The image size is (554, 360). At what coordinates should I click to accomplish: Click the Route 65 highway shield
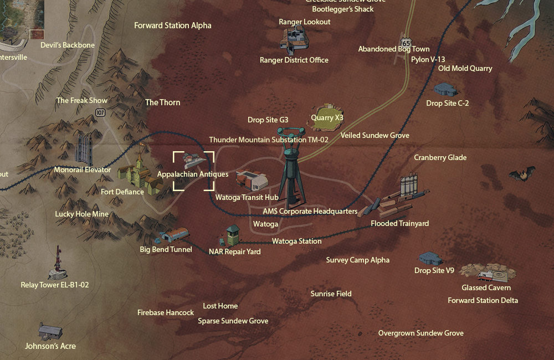click(407, 43)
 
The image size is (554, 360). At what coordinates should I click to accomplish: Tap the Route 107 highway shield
click(100, 112)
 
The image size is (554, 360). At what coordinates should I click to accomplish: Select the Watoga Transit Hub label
click(247, 197)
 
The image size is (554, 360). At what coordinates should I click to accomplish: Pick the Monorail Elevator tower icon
click(84, 148)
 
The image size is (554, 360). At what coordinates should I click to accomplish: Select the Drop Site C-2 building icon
click(445, 89)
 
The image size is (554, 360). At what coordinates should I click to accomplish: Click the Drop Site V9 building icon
click(430, 258)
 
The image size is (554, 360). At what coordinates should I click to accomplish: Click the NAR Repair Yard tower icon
click(232, 235)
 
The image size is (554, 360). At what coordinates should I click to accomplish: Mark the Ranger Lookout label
click(305, 22)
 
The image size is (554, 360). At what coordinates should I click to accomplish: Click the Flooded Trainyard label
click(399, 224)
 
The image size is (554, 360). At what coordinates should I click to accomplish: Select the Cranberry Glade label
click(440, 158)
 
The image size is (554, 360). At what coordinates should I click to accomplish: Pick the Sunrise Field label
click(331, 294)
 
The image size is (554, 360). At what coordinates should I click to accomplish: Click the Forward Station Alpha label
click(172, 25)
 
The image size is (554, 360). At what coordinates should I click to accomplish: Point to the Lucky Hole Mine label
click(82, 214)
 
